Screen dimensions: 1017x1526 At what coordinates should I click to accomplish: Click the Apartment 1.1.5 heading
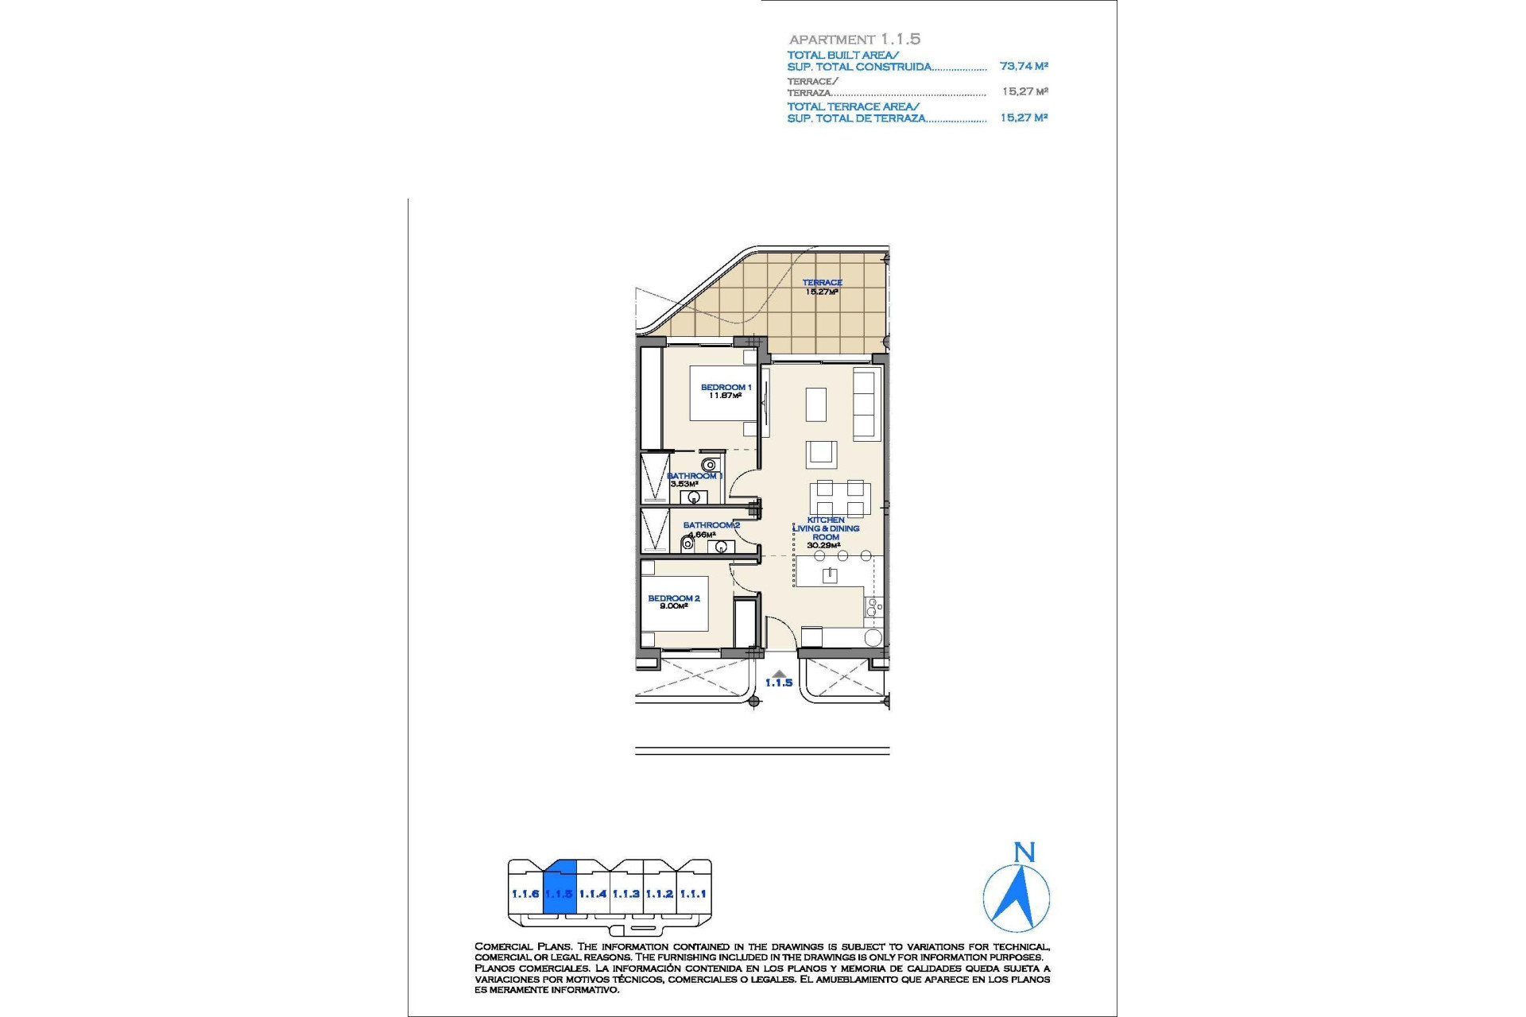pyautogui.click(x=854, y=39)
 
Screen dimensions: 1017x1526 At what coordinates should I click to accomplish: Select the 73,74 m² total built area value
pyautogui.click(x=1024, y=66)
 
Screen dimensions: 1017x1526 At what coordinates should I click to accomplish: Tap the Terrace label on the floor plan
pyautogui.click(x=822, y=282)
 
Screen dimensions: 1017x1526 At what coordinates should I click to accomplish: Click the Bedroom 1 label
pyautogui.click(x=725, y=387)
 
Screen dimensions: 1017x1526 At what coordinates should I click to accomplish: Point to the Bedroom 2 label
pyautogui.click(x=673, y=598)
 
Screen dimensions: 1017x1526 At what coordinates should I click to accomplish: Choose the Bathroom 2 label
pyautogui.click(x=711, y=525)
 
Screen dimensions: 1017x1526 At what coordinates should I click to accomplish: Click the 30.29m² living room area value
pyautogui.click(x=823, y=546)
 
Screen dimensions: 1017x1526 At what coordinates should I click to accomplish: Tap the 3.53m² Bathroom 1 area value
pyautogui.click(x=684, y=484)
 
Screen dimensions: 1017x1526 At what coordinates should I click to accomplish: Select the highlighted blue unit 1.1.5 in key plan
pyautogui.click(x=560, y=893)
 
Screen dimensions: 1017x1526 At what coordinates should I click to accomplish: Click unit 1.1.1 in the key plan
pyautogui.click(x=693, y=894)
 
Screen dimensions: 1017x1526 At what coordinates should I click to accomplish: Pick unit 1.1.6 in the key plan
pyautogui.click(x=525, y=894)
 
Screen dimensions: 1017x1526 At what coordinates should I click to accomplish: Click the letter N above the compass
pyautogui.click(x=1024, y=853)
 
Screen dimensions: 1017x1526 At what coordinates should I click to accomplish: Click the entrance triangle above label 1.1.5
pyautogui.click(x=779, y=674)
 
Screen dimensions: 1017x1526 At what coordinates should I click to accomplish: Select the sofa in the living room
pyautogui.click(x=864, y=404)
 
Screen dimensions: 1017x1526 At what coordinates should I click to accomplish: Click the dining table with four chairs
pyautogui.click(x=840, y=499)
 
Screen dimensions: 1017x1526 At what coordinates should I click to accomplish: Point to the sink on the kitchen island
pyautogui.click(x=830, y=574)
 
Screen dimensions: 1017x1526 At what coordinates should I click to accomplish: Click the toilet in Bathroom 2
pyautogui.click(x=687, y=544)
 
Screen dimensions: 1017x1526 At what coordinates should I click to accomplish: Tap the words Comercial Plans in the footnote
pyautogui.click(x=523, y=946)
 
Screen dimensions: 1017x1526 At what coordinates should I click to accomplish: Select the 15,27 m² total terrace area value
pyautogui.click(x=1024, y=117)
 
